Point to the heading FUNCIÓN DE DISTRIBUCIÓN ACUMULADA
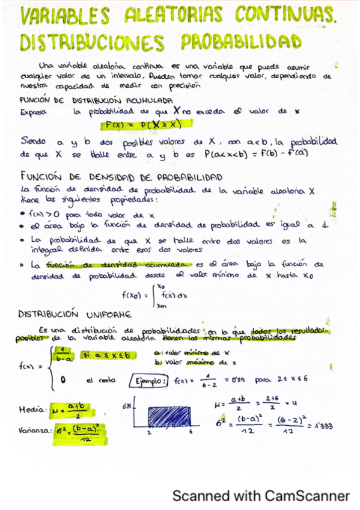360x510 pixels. click(96, 100)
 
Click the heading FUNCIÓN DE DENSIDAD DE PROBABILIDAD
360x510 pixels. click(120, 178)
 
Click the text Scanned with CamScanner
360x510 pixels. click(261, 496)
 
